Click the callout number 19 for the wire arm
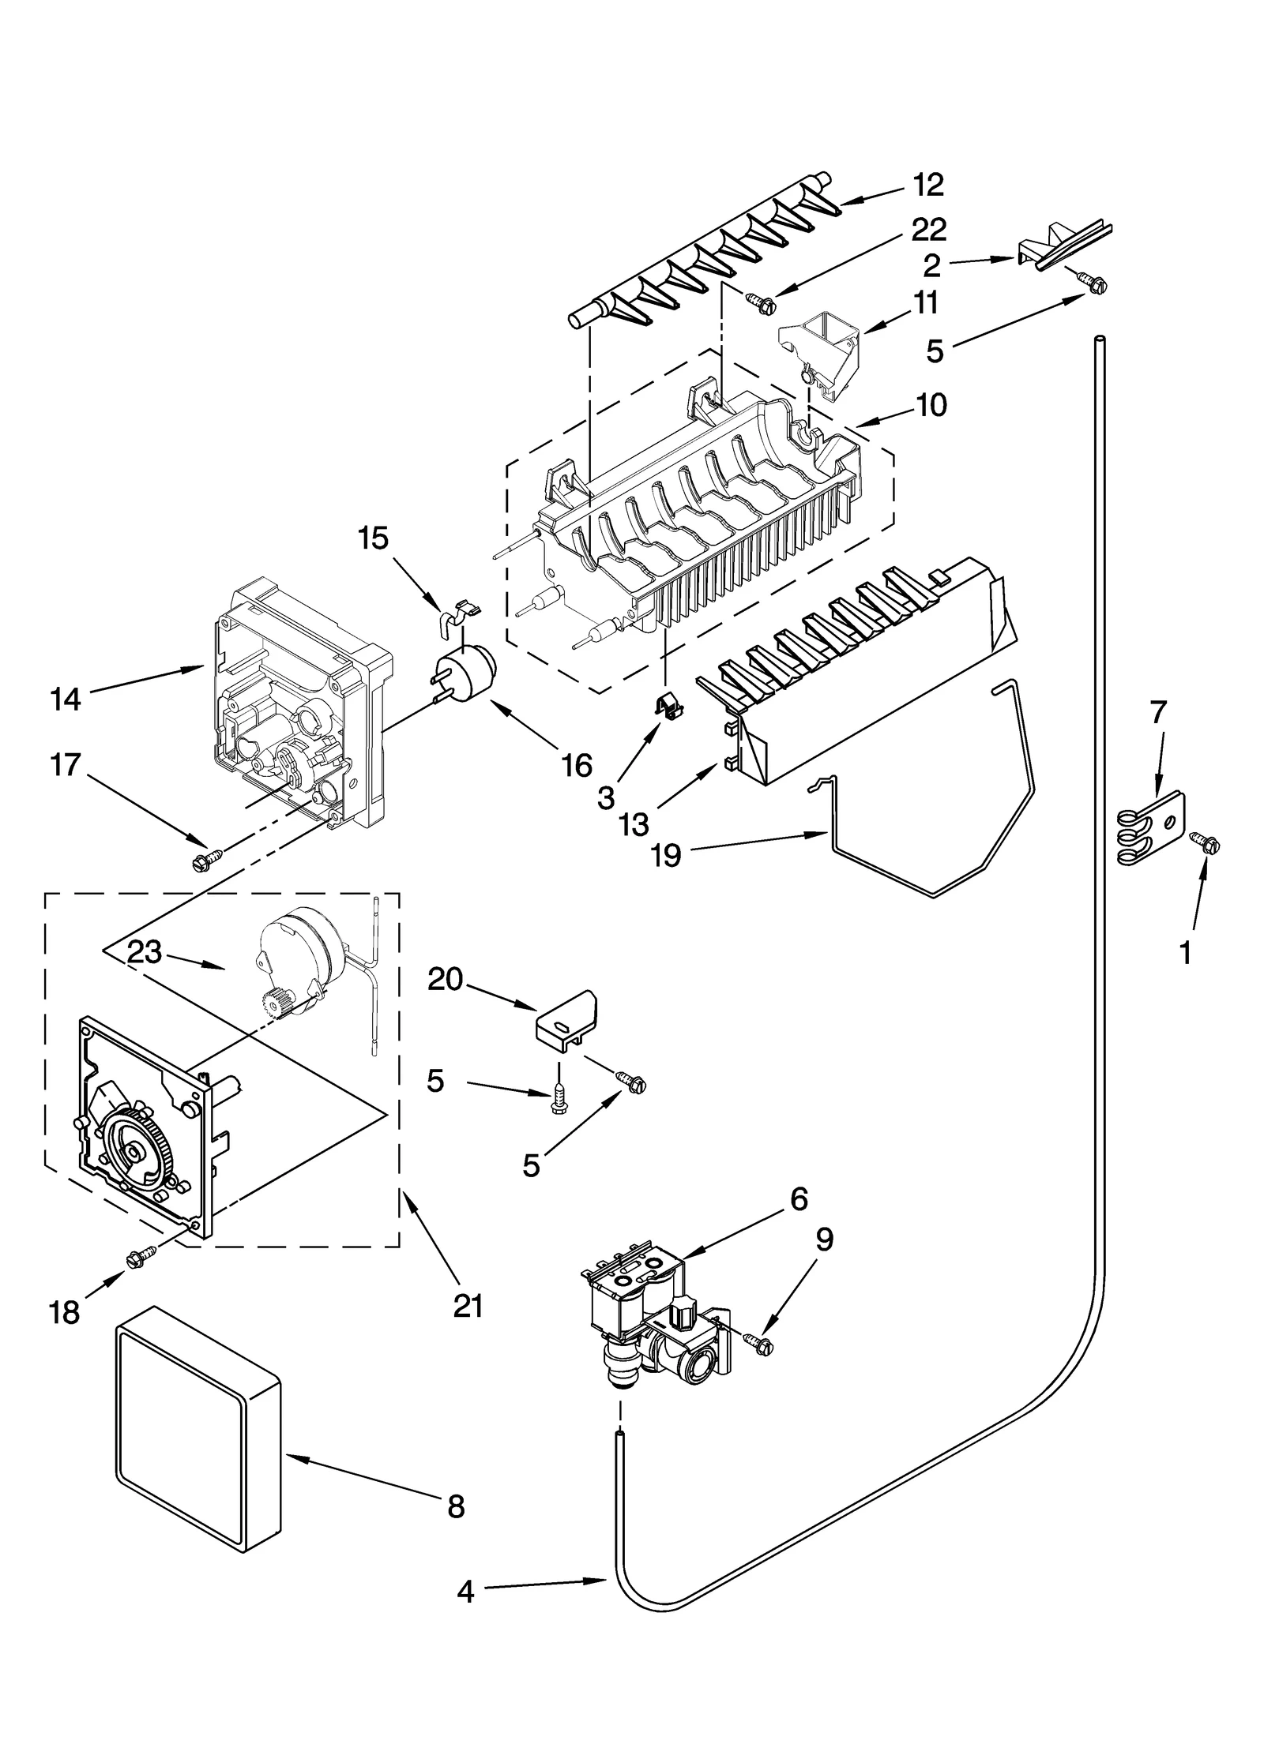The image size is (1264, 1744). [x=667, y=855]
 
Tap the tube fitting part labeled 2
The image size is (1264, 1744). [x=1059, y=246]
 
